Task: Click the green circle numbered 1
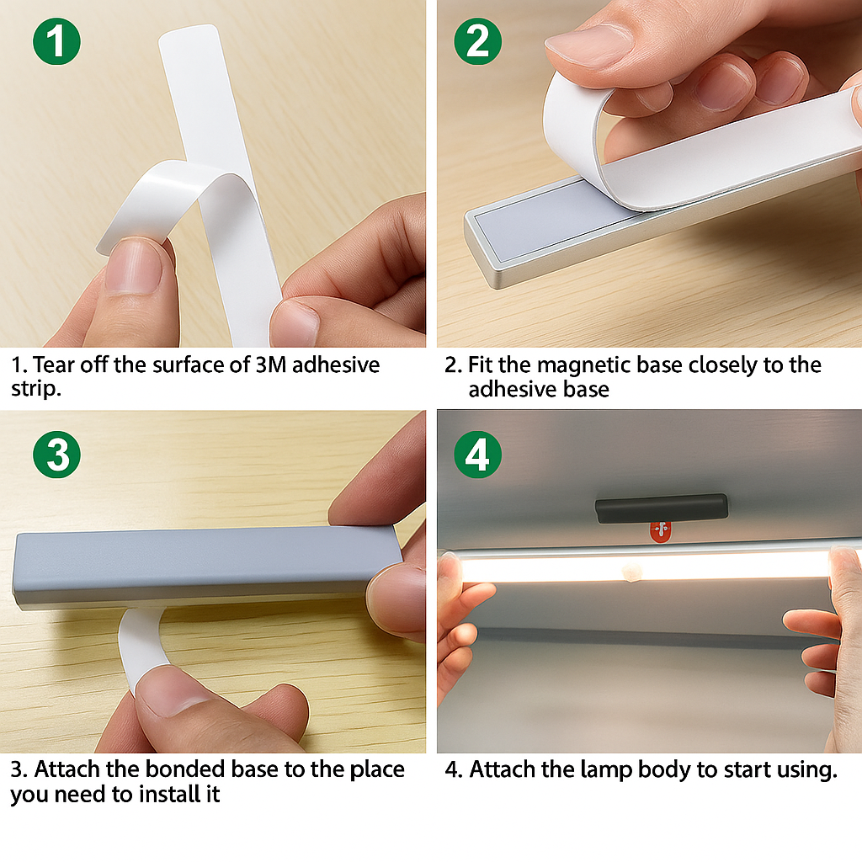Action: tap(56, 42)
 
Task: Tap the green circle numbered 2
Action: tap(477, 42)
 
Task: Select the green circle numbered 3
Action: tap(56, 455)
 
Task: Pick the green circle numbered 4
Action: tap(477, 455)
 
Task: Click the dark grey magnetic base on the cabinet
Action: tap(661, 508)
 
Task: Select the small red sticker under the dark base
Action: tap(662, 531)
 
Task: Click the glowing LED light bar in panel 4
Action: tap(640, 567)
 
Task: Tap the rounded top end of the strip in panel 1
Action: tap(190, 39)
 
